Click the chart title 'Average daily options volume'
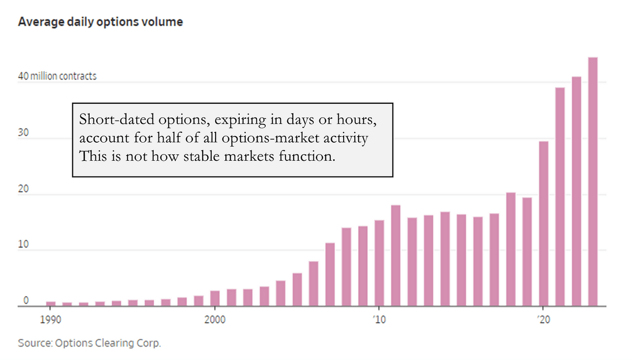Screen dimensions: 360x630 click(100, 22)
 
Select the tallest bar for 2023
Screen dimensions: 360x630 click(593, 182)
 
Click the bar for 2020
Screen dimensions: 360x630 click(543, 224)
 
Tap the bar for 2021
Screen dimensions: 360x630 click(560, 197)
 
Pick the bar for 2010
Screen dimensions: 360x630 click(379, 263)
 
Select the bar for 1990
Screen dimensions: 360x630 click(51, 303)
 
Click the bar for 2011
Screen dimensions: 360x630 click(396, 256)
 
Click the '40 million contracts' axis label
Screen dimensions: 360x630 click(57, 76)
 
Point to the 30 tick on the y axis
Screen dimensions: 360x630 click(23, 132)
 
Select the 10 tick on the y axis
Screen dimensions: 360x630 click(23, 244)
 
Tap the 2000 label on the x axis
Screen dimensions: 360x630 click(215, 320)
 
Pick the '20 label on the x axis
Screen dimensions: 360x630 click(543, 320)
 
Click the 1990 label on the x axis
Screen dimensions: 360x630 click(51, 320)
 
